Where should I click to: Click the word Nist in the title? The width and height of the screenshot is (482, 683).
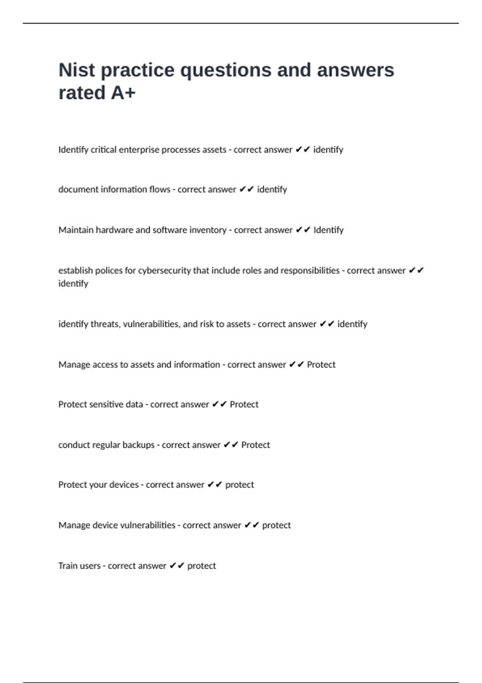(77, 70)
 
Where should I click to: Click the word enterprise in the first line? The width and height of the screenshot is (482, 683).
(139, 149)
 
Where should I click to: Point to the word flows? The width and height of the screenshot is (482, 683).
(159, 189)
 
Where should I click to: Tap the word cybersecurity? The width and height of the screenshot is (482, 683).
(164, 270)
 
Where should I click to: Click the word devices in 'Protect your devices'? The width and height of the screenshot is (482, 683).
(124, 485)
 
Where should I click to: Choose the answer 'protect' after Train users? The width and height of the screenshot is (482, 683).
(201, 566)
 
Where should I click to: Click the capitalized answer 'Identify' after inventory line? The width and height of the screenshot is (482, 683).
(328, 230)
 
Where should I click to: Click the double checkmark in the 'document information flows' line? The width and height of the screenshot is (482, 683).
(246, 189)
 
